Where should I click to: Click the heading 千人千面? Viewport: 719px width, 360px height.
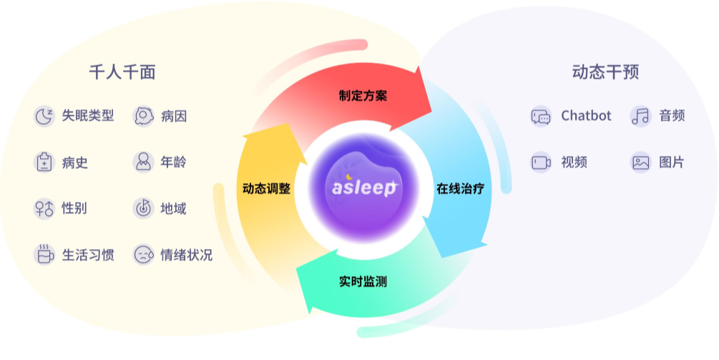122,72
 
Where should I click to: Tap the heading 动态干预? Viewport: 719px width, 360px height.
605,72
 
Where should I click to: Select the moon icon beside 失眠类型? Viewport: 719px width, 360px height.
44,116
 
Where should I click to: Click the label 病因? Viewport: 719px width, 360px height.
174,116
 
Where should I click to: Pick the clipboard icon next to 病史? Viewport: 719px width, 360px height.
44,162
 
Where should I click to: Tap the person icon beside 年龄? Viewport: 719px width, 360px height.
143,162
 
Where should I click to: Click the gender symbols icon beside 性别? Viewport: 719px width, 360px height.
44,209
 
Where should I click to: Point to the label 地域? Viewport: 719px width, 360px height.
173,209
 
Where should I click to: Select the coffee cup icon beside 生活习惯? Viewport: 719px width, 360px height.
44,255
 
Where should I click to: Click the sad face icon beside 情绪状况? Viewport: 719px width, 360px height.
143,255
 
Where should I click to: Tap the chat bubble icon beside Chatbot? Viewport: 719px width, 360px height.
541,116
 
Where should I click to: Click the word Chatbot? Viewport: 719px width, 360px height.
586,115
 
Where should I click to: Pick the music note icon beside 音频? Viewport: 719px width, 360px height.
640,116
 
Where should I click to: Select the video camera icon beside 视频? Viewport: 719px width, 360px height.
541,162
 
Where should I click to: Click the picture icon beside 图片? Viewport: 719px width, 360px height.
640,162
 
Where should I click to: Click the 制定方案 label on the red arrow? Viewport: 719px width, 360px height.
363,95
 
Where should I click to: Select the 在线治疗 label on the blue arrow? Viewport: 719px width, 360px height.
461,188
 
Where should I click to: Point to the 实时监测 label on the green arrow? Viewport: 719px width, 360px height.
363,281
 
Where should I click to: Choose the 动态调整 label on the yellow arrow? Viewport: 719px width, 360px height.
266,188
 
